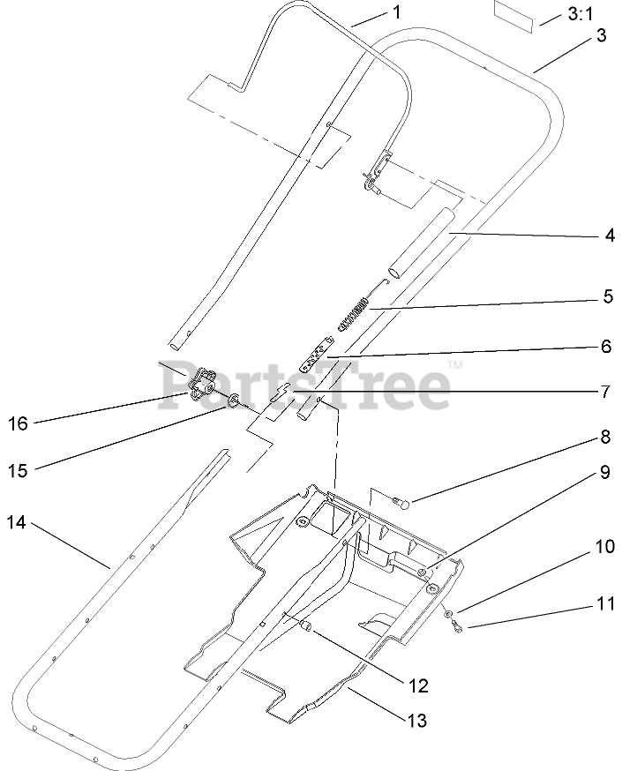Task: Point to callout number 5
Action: [x=607, y=296]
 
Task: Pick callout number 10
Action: [x=604, y=546]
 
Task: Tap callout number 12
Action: [x=417, y=685]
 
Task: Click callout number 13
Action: [x=417, y=721]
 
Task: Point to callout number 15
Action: [x=17, y=470]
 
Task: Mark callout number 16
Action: [x=18, y=423]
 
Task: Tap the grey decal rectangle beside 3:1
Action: [x=513, y=18]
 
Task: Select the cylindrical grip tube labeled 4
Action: [x=418, y=243]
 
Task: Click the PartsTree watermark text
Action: [x=304, y=385]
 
